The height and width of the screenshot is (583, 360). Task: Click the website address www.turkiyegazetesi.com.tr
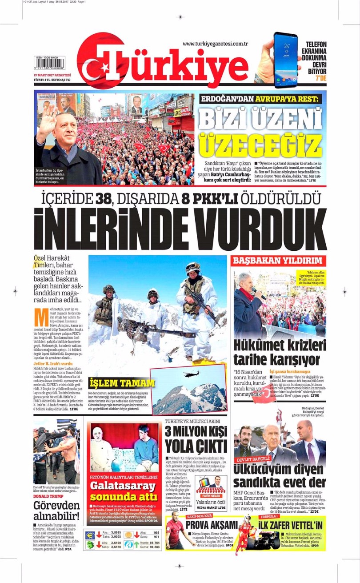pos(215,44)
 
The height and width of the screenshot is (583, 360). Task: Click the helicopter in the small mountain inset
pos(192,374)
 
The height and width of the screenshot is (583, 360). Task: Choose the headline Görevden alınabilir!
pos(56,511)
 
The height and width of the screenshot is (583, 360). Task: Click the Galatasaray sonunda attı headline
pos(125,491)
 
